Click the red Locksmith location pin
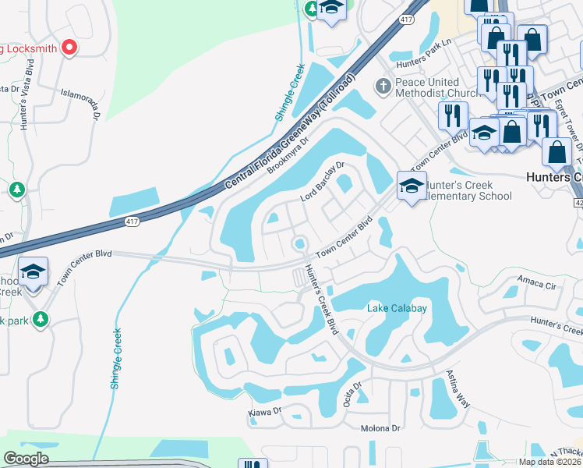click(x=69, y=48)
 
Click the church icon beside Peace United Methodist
click(x=382, y=84)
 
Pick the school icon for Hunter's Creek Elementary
click(x=412, y=186)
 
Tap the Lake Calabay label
click(x=397, y=308)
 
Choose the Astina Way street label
click(x=458, y=389)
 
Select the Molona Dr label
click(x=380, y=428)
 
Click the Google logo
click(x=26, y=459)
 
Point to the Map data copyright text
click(x=549, y=462)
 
